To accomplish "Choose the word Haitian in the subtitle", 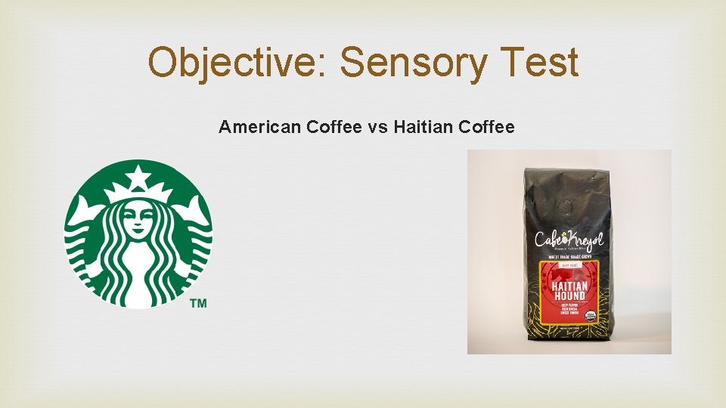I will point(423,127).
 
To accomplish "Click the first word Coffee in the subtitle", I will point(335,127).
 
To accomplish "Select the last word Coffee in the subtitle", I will point(486,127).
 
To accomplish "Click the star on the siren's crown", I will point(138,179).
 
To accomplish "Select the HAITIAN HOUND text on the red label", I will point(570,290).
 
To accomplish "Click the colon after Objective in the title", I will point(327,68).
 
